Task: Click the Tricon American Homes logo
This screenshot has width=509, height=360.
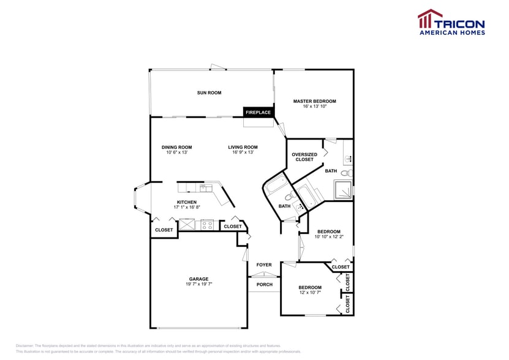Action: [451, 22]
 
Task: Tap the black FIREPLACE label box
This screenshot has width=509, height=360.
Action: [258, 112]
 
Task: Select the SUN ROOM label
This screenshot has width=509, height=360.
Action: [209, 93]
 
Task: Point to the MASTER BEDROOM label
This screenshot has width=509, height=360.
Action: [314, 101]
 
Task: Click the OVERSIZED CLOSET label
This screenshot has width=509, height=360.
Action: [304, 157]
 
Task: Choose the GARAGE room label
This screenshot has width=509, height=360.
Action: [198, 279]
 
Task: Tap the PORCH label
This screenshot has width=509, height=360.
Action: [264, 285]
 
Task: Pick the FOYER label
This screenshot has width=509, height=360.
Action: [264, 265]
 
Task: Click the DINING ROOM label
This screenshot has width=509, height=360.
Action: [176, 147]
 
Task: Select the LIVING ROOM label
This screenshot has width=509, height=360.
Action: [243, 147]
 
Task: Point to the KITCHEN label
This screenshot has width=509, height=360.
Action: [187, 202]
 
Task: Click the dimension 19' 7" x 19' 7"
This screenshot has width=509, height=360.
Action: [198, 284]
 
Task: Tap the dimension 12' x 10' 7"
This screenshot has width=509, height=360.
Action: [310, 293]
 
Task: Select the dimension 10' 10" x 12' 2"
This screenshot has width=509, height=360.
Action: [329, 237]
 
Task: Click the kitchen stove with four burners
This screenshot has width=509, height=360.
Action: [206, 225]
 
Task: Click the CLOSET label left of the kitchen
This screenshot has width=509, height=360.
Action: [164, 230]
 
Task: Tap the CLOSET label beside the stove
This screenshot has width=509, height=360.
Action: [233, 227]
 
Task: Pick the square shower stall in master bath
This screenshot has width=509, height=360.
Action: [344, 192]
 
